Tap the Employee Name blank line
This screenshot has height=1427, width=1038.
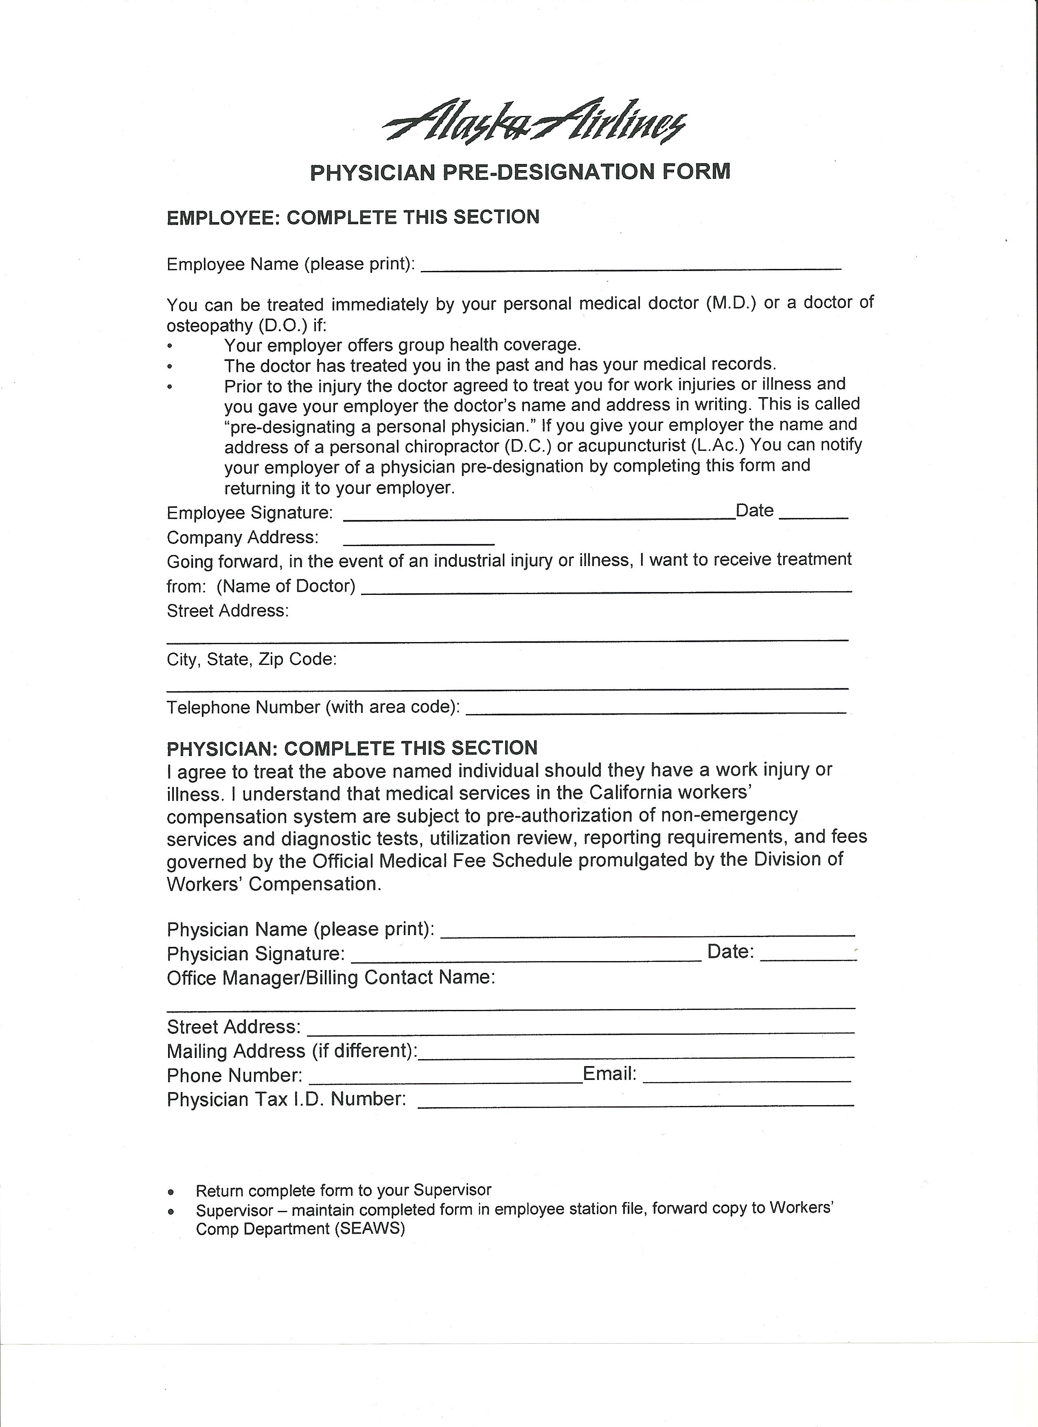pyautogui.click(x=630, y=267)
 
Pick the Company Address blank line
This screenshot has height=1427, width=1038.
pyautogui.click(x=418, y=542)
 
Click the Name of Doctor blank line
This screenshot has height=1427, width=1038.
pyautogui.click(x=607, y=590)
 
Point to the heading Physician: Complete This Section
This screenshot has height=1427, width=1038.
pyautogui.click(x=352, y=748)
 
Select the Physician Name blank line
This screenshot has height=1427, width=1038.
pyautogui.click(x=647, y=934)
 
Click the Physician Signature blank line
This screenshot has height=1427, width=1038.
pyautogui.click(x=526, y=959)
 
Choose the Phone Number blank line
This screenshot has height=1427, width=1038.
pyautogui.click(x=446, y=1080)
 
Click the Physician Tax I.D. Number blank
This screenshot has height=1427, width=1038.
pyautogui.click(x=636, y=1104)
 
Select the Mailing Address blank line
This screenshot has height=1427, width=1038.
pyautogui.click(x=636, y=1055)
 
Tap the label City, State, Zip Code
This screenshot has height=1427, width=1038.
pyautogui.click(x=252, y=660)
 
